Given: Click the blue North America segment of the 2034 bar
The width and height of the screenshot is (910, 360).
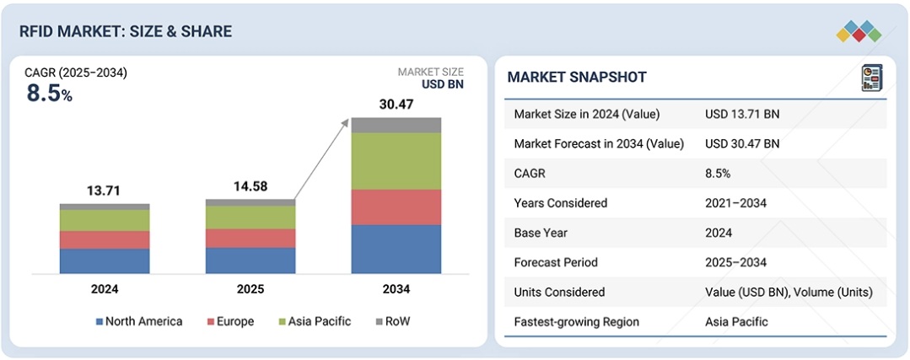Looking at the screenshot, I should point(396,249).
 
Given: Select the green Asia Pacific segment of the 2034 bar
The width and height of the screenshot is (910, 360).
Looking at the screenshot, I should point(396,161).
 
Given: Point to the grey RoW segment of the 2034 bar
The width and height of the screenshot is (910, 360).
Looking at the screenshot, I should point(396,125).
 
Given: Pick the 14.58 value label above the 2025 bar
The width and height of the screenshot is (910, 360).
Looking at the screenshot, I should point(250,186).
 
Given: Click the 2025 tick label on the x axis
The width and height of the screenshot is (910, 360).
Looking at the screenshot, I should point(250,289).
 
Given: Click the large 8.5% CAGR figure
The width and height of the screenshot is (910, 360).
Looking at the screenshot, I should point(49,94).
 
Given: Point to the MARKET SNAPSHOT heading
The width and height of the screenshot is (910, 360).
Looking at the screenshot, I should point(577,78).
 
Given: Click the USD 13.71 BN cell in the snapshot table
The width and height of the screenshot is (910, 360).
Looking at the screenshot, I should point(742,114).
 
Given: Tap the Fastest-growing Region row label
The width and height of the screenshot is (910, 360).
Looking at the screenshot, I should point(576,321).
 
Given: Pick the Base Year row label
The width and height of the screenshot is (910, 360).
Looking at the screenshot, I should point(541,233).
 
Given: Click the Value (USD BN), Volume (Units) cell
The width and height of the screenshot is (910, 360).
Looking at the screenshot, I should point(789,292).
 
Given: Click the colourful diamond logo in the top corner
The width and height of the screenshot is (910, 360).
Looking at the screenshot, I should point(859,31).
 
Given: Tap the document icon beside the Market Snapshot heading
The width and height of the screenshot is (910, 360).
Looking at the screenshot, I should point(870,78).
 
